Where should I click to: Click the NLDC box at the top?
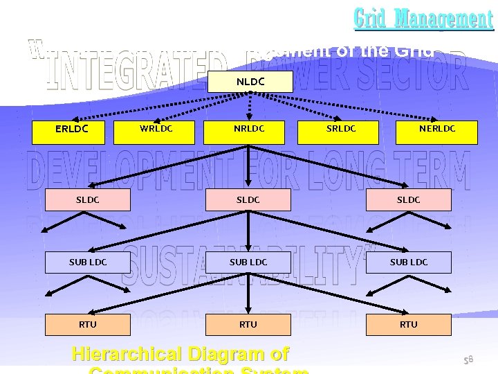tap(250, 81)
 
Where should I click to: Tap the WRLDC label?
tap(156, 128)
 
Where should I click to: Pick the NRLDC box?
tap(249, 129)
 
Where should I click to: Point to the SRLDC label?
tap(341, 128)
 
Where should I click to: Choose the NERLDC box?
tap(437, 129)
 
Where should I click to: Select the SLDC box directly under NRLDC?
tap(248, 200)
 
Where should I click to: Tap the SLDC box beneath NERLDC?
tap(409, 200)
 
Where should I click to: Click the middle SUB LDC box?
tap(248, 262)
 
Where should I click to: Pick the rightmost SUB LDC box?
tap(409, 262)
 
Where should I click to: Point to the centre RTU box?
tap(248, 324)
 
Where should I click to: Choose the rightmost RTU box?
tap(409, 324)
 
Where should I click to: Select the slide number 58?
tap(468, 359)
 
